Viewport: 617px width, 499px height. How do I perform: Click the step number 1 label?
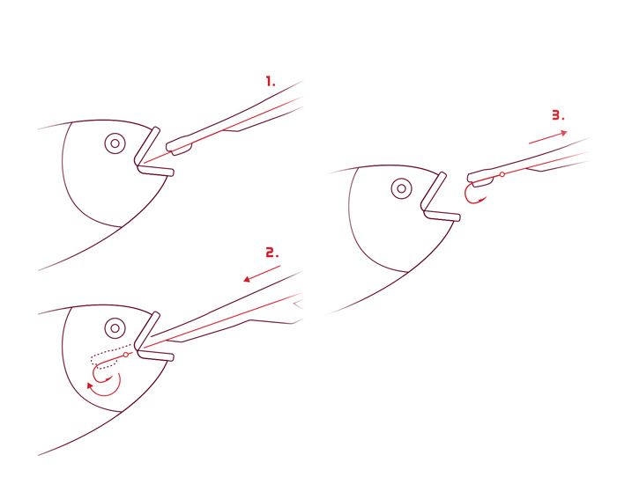point(271,82)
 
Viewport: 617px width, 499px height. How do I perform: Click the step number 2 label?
point(271,253)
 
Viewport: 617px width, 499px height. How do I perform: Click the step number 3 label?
point(558,115)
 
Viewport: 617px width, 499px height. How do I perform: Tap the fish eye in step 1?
point(115,143)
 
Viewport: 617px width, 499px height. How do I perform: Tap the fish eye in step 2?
point(115,327)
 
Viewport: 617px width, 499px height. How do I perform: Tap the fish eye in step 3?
point(401,188)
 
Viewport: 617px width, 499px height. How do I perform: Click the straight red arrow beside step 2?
point(262,274)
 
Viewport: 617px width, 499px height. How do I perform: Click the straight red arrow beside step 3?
point(548,136)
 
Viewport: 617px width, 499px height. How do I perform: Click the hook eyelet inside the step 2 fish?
point(126,355)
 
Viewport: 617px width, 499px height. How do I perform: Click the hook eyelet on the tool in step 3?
point(502,174)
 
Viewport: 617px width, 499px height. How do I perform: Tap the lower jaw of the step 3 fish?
point(442,215)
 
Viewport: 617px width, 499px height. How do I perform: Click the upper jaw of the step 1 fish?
point(147,145)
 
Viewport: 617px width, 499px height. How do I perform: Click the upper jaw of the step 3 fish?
point(434,191)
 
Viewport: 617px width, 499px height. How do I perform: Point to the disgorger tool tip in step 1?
point(179,146)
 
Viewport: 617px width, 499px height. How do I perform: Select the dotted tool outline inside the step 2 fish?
point(111,356)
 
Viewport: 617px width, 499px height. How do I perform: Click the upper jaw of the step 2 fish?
point(147,330)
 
